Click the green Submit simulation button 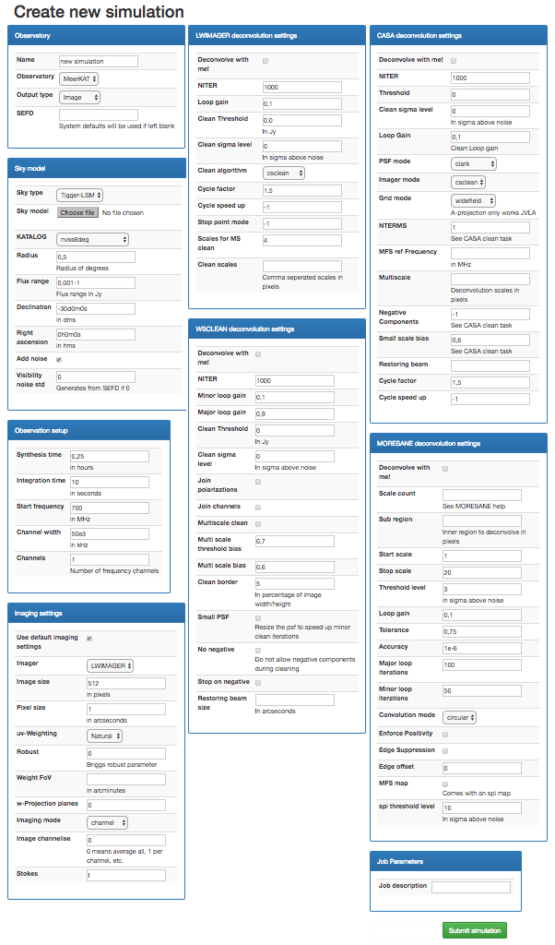click(x=474, y=930)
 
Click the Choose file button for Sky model click(x=77, y=212)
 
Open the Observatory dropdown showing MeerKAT click(x=78, y=78)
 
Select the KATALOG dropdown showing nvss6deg click(x=93, y=240)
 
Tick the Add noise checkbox click(x=60, y=359)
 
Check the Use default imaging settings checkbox click(x=89, y=638)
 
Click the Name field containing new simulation click(x=98, y=61)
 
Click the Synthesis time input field click(x=109, y=456)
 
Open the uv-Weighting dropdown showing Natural click(x=107, y=736)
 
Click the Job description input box click(x=470, y=887)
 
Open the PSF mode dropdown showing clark click(x=474, y=163)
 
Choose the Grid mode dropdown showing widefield click(x=474, y=199)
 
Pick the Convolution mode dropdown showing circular click(x=460, y=716)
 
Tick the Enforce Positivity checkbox click(x=446, y=735)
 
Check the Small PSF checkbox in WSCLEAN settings click(x=258, y=617)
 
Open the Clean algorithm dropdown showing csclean click(x=283, y=173)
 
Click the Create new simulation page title click(x=99, y=12)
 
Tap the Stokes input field click(x=125, y=875)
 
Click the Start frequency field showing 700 click(x=109, y=508)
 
